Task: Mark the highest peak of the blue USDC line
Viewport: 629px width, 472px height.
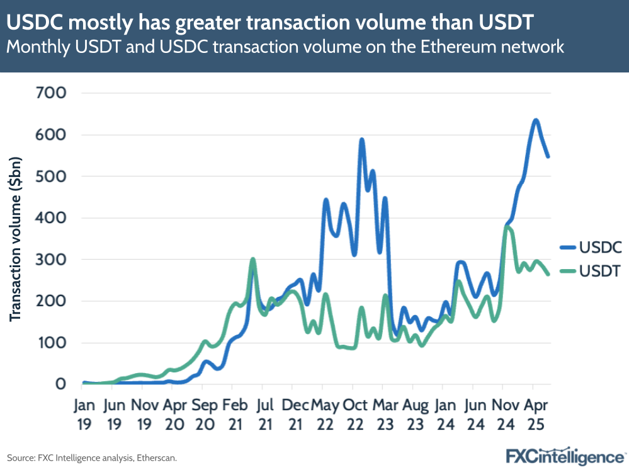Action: [535, 120]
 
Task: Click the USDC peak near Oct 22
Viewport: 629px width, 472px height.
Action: [361, 139]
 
